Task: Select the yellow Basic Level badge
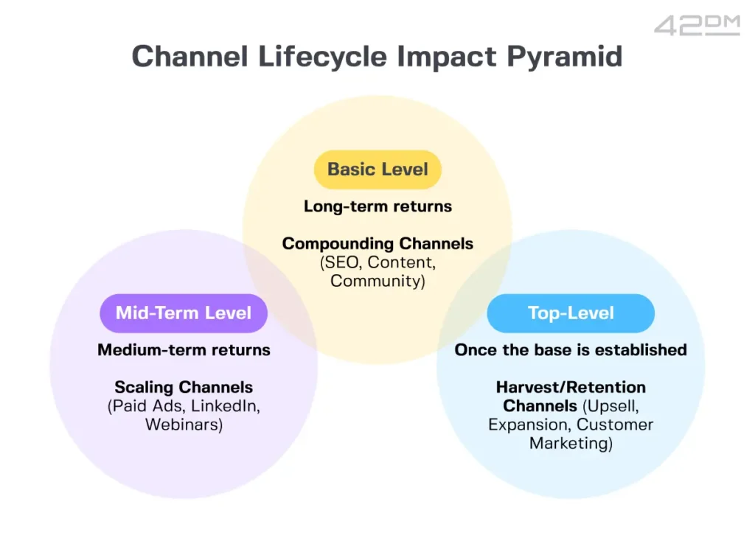(x=377, y=170)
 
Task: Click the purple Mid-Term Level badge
(x=183, y=313)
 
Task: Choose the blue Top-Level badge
(x=571, y=313)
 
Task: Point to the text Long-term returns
(x=377, y=206)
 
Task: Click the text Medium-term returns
(x=184, y=349)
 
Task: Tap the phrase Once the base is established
(x=571, y=349)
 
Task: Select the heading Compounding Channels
(x=377, y=243)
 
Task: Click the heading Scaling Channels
(x=184, y=387)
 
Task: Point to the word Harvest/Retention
(x=571, y=387)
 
